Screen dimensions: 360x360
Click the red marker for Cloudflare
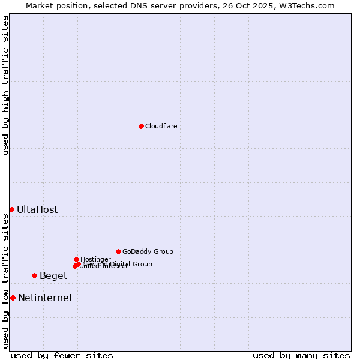click(x=141, y=126)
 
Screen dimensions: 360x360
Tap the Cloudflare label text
click(x=161, y=126)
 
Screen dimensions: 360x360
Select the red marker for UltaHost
click(x=11, y=209)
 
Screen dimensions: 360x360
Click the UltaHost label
click(x=37, y=209)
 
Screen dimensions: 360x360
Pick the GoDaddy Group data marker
click(x=118, y=251)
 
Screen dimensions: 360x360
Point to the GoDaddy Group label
click(x=148, y=251)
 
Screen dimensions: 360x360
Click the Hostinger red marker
click(x=76, y=259)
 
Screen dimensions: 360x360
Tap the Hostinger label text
click(x=96, y=259)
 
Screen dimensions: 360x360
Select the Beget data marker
click(x=34, y=275)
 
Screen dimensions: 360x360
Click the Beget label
click(x=53, y=275)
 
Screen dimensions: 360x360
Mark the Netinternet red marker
click(x=13, y=298)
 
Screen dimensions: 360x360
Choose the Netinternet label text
click(x=45, y=298)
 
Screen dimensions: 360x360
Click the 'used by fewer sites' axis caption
click(x=62, y=355)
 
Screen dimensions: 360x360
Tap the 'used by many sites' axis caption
click(x=301, y=355)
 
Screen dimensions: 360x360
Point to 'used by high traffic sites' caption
click(x=6, y=85)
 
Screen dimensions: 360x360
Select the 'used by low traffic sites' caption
click(x=6, y=281)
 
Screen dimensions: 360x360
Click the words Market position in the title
click(x=55, y=5)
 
